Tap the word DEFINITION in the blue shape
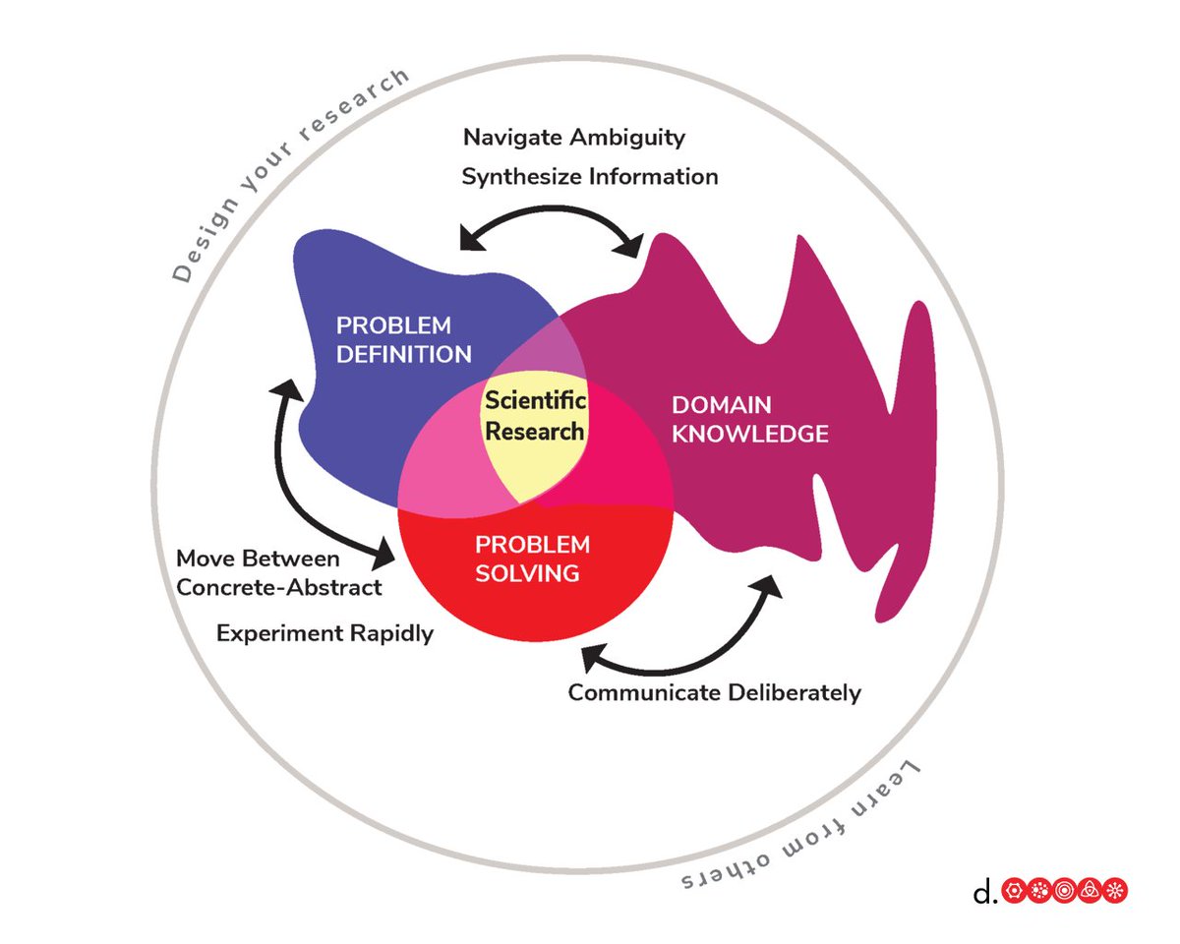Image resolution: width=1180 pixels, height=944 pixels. (x=403, y=354)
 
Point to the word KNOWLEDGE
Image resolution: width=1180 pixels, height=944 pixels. (x=750, y=433)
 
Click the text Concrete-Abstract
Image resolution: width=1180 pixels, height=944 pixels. (x=278, y=587)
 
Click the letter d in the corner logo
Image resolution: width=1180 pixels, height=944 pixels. (x=982, y=892)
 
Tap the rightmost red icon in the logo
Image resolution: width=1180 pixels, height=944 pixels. (x=1116, y=892)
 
